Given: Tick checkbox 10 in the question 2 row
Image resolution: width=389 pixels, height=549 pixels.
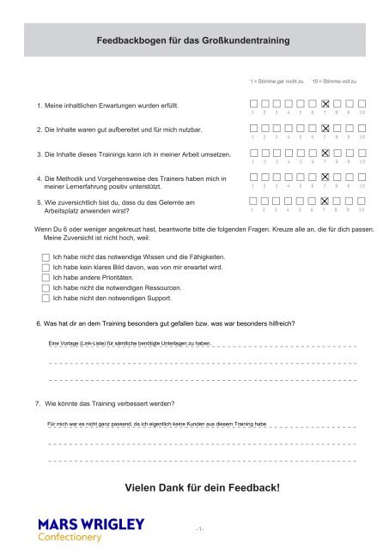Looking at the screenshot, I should [362, 127].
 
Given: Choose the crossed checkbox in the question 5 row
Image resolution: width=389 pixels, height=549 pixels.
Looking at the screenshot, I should [325, 200].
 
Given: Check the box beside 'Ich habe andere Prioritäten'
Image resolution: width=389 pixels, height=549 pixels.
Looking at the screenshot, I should [46, 278].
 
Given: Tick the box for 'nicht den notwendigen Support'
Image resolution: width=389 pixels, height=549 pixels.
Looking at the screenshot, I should [46, 299].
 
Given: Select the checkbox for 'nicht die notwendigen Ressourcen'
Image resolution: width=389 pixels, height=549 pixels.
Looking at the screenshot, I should [46, 288].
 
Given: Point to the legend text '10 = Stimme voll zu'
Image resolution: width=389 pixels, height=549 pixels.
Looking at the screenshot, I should [334, 80].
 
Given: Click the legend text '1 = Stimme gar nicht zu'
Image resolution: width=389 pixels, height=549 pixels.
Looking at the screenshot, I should [277, 80].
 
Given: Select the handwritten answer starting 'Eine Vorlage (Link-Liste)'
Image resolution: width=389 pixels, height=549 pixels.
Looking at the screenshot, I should [129, 342].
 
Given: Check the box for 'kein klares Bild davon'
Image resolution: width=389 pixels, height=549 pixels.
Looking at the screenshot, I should [46, 268].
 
